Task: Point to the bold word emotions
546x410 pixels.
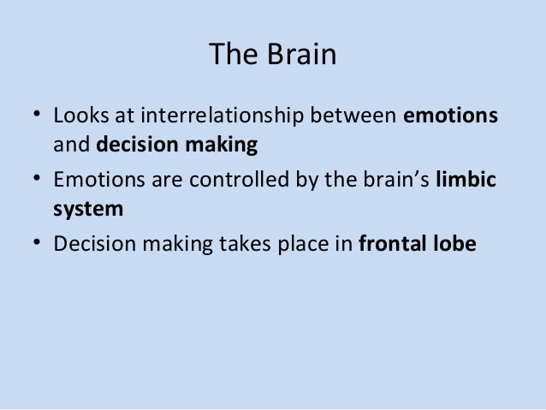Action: click(450, 115)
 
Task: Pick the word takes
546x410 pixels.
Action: click(234, 243)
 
